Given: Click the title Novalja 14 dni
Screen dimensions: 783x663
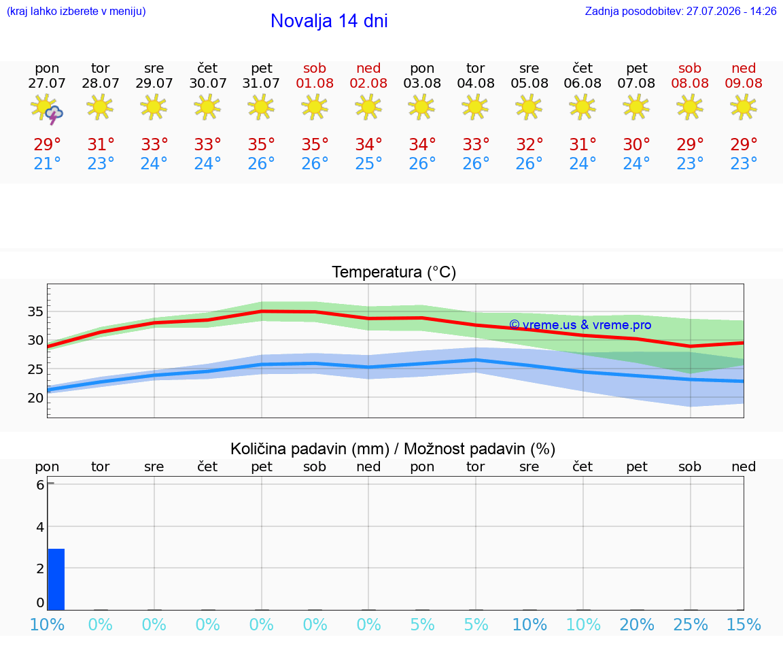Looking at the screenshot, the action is click(329, 21).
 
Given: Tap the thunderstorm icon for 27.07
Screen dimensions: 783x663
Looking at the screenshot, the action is click(47, 108).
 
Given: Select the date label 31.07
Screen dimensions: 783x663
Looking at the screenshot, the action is click(261, 83).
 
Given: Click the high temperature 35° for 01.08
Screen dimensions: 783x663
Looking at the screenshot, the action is click(315, 144).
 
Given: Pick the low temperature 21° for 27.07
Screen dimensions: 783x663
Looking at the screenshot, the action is click(47, 163).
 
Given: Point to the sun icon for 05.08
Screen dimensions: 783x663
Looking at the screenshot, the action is click(529, 107).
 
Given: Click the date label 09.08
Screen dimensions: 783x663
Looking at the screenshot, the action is click(744, 83).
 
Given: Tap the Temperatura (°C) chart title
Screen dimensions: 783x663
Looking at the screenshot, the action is click(394, 272).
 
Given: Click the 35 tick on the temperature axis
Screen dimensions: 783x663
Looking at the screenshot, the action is click(35, 311).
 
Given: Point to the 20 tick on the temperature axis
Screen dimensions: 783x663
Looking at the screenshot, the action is click(35, 398).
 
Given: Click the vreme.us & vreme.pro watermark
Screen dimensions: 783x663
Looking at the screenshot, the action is click(580, 325).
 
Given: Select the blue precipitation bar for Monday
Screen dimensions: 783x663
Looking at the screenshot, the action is click(56, 579).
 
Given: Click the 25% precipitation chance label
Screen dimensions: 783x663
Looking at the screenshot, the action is click(690, 624).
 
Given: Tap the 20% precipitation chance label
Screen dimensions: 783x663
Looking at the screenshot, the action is click(637, 624).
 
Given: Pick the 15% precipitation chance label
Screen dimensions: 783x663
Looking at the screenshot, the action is click(744, 624).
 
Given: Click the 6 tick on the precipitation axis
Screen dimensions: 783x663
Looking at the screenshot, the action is click(40, 485).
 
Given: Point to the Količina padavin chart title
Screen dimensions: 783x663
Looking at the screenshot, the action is click(393, 449).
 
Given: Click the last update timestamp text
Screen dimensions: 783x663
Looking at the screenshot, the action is click(680, 11).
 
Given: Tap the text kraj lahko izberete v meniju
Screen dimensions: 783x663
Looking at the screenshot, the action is click(76, 11).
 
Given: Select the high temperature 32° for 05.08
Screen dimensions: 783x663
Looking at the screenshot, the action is click(529, 144).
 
